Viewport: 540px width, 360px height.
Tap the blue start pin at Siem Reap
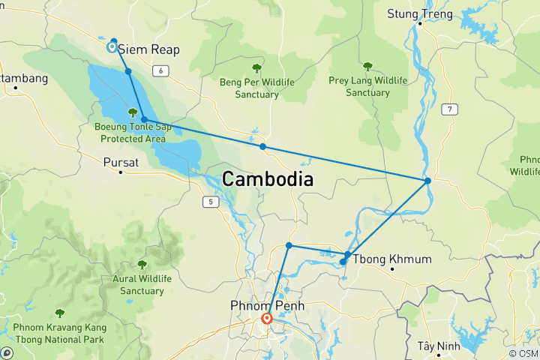click(112, 47)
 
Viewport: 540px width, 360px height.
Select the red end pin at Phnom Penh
click(266, 319)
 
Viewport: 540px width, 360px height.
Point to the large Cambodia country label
click(268, 180)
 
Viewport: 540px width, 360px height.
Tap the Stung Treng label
click(420, 13)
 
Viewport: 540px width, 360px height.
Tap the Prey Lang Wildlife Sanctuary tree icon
click(367, 67)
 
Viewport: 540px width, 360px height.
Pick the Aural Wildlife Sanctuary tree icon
click(142, 264)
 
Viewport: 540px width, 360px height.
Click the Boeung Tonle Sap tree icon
click(133, 112)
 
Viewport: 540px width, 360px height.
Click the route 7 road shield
click(448, 109)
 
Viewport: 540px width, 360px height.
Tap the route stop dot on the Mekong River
click(427, 181)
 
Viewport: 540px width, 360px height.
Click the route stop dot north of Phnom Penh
click(289, 245)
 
